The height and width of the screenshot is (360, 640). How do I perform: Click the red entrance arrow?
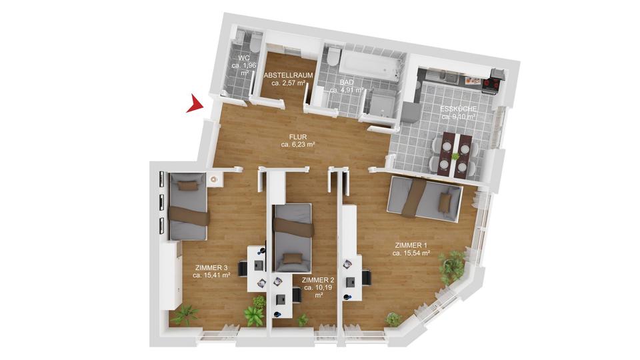194,104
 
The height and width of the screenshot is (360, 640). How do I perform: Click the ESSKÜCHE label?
457,109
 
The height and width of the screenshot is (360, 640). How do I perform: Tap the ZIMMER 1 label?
411,245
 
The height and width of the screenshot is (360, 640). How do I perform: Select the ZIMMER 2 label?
318,280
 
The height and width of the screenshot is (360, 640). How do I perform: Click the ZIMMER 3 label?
211,267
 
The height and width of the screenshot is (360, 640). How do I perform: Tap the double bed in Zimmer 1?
425,197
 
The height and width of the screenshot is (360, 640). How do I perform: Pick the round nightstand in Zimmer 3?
215,179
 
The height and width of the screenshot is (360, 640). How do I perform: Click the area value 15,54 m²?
411,253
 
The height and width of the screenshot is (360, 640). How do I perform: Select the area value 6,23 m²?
297,143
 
